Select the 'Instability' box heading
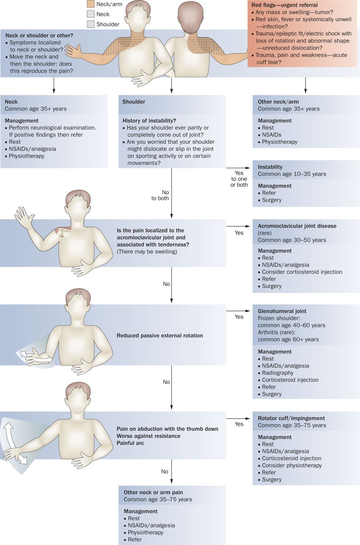pos(270,167)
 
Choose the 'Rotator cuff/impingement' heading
pos(291,418)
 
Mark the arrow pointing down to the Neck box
pos(54,85)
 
